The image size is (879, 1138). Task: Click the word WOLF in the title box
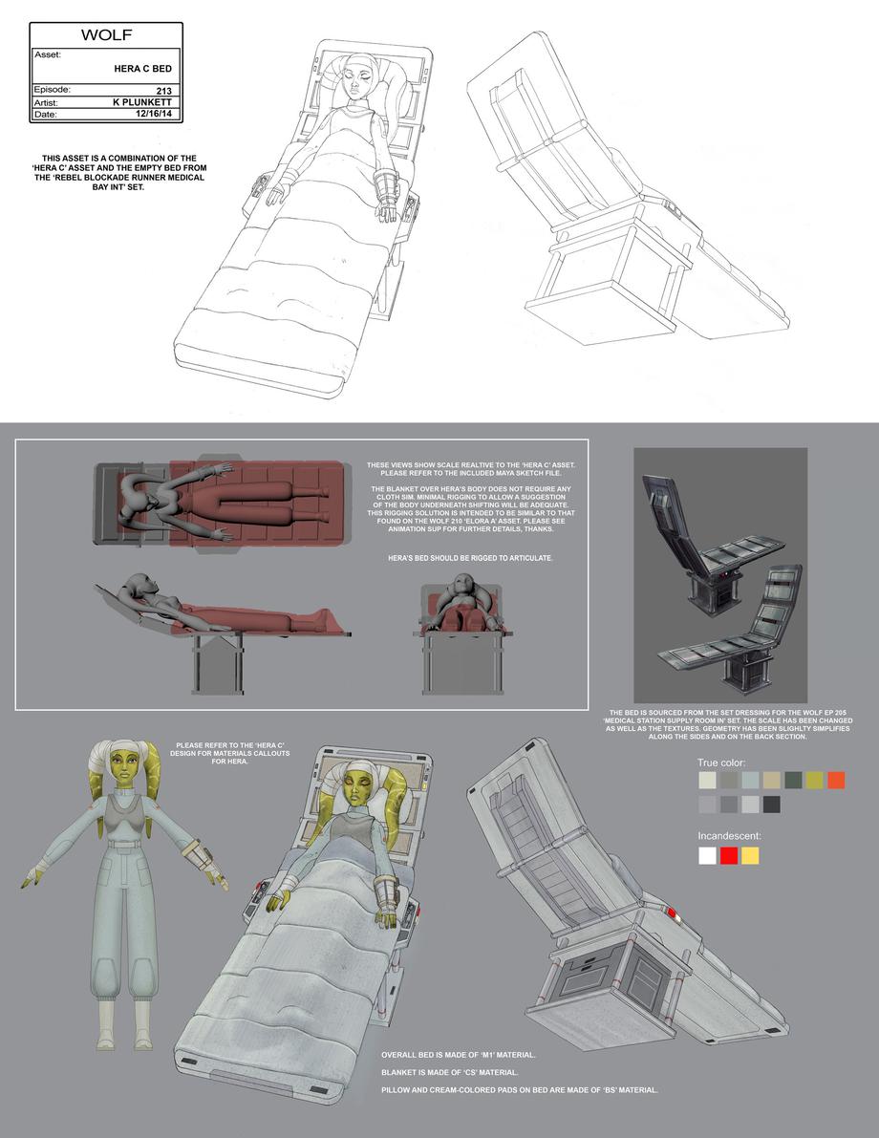point(106,34)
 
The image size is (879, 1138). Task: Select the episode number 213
point(164,91)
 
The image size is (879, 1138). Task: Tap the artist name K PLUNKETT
point(143,102)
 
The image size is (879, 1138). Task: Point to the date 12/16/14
point(154,114)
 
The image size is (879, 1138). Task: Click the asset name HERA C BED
point(143,69)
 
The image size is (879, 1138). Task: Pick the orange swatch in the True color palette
point(835,781)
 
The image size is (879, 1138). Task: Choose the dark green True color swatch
point(793,781)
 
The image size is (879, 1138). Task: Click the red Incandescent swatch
point(729,856)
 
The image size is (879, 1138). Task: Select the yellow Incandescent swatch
point(750,856)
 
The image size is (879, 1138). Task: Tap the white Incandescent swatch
point(708,856)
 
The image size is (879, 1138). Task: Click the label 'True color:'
point(721,762)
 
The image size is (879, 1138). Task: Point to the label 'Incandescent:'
point(730,836)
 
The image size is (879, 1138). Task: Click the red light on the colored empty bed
point(671,913)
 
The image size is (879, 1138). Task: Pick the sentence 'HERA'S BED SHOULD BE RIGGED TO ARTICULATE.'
point(470,558)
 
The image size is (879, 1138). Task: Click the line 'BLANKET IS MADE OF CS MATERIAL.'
point(450,1072)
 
